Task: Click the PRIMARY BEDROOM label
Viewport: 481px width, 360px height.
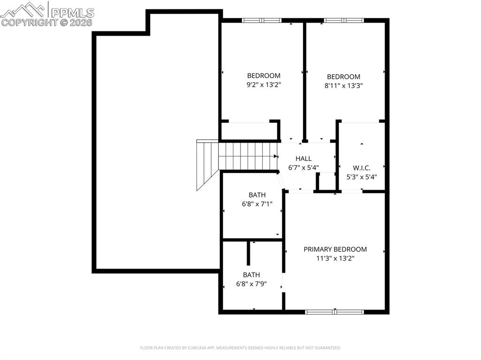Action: tap(335, 249)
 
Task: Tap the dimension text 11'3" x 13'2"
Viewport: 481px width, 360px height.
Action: tap(335, 259)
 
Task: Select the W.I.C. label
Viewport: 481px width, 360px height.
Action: tap(362, 168)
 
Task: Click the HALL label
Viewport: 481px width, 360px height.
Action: tap(303, 159)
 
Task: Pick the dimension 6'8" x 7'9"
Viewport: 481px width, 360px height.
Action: tap(251, 284)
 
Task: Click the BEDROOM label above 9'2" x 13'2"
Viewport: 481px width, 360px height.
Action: tap(264, 76)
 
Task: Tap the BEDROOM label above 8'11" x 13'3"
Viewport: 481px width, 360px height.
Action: tap(343, 77)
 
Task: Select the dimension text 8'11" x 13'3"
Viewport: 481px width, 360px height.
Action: tap(343, 86)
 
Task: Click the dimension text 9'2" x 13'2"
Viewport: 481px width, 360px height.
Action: tap(264, 85)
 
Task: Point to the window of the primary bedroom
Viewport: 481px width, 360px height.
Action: tap(334, 312)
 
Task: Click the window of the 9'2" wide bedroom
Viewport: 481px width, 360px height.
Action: tap(262, 20)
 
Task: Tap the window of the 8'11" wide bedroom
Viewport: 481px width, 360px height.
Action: tap(343, 20)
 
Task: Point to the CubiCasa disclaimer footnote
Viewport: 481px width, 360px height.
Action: tap(240, 348)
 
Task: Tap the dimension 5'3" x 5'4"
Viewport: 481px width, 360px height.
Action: tap(362, 177)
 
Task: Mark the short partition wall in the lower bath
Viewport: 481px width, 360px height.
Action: tap(248, 254)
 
